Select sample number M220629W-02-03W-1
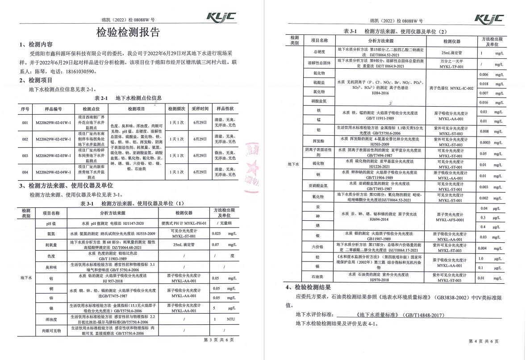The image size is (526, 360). [53, 155]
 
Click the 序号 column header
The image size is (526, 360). [25, 109]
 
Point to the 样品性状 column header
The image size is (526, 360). [225, 109]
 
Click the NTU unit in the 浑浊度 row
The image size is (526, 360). [230, 319]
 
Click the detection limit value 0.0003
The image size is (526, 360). [485, 142]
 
